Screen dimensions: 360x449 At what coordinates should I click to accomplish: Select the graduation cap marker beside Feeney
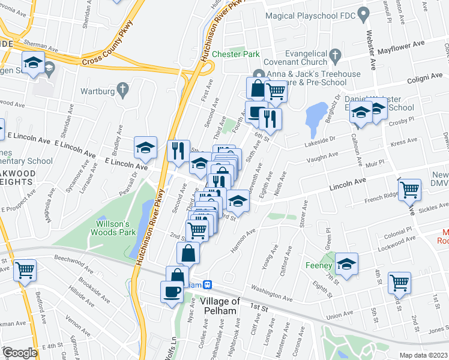coord(346,263)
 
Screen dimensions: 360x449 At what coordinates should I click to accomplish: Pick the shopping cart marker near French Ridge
coord(410,190)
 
